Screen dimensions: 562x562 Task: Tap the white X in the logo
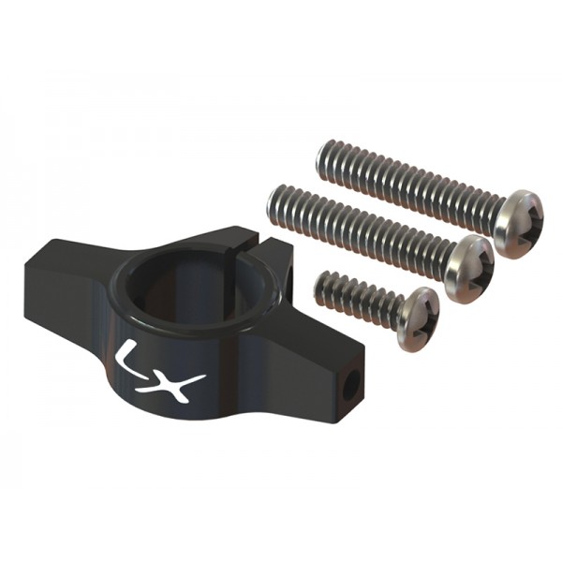[180, 385]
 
